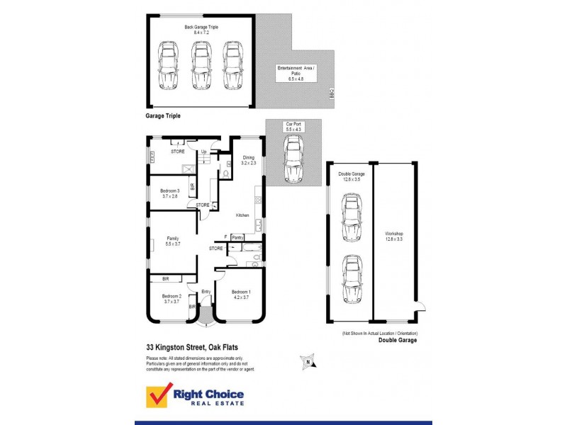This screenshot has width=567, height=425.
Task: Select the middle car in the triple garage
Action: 201,67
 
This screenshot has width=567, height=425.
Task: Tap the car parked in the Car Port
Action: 293,159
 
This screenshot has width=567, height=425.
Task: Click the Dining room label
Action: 248,161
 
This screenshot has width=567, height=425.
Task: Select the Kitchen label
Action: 242,215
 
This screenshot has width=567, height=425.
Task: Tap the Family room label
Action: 172,241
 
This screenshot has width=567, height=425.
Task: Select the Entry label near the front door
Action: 206,291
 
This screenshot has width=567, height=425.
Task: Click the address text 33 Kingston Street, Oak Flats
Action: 193,348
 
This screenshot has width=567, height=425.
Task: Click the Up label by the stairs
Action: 204,152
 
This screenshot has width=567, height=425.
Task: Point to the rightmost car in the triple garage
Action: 232,67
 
